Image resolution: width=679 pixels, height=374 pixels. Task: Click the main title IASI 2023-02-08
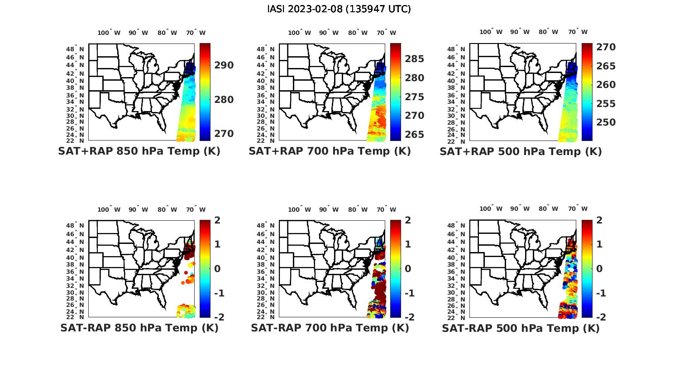pos(339,9)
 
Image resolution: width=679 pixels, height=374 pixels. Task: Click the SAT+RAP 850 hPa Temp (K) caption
pos(139,151)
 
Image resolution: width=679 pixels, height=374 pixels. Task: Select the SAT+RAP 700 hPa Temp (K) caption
pos(330,151)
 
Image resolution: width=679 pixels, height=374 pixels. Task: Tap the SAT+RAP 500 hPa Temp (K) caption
pos(521,152)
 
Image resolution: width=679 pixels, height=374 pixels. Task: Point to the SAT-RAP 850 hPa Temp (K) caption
pos(139,328)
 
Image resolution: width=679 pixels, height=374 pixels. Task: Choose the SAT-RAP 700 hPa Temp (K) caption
pos(330,328)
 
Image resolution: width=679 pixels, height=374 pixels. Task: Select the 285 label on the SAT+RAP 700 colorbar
pos(415,59)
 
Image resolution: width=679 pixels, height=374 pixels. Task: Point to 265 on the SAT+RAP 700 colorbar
pos(415,135)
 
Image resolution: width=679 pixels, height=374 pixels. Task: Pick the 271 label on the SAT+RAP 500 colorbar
pos(606,47)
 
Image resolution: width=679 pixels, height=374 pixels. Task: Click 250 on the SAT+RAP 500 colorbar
pos(606,122)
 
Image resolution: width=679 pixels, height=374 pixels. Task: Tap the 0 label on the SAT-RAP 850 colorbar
pos(217,269)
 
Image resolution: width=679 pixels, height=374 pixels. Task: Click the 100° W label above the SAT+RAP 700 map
pos(299,33)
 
